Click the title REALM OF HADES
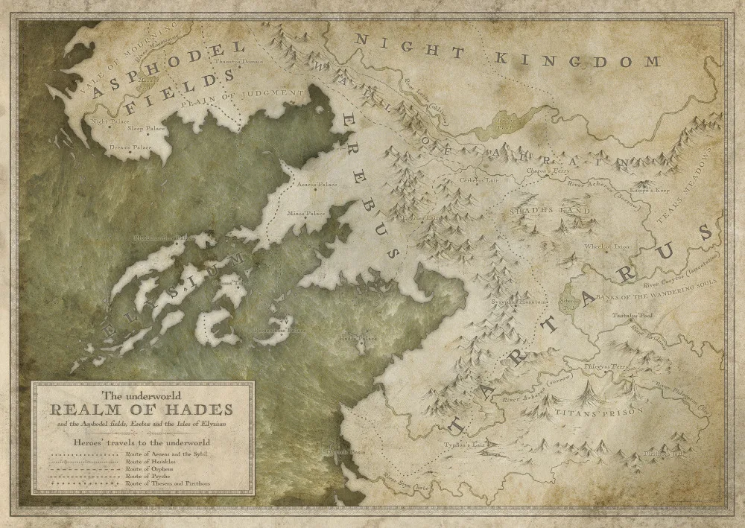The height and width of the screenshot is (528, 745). (x=141, y=410)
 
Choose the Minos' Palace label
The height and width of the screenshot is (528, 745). (x=306, y=213)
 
